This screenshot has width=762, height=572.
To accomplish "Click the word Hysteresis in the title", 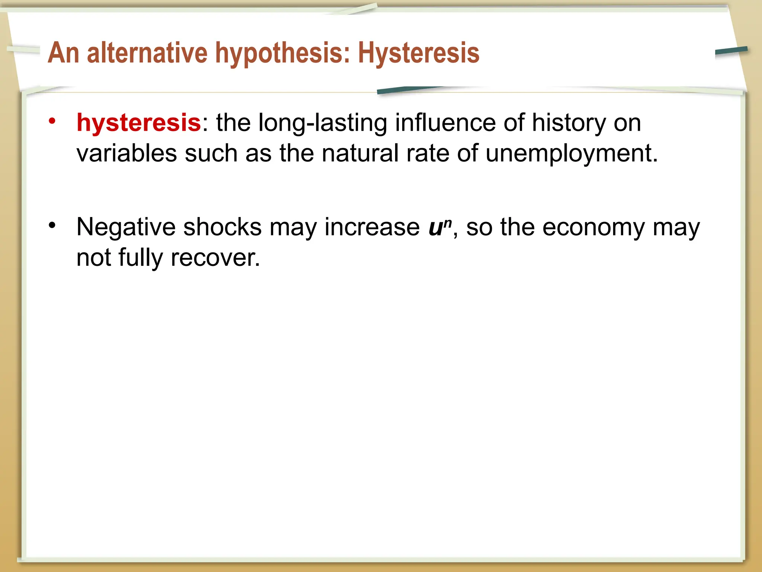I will [419, 53].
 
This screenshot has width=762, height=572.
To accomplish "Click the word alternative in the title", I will [147, 53].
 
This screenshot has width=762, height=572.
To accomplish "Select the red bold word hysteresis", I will [138, 123].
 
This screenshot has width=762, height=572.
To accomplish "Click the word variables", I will [127, 153].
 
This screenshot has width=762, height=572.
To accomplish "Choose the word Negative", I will [126, 227].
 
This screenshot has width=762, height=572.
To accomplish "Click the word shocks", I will [222, 227].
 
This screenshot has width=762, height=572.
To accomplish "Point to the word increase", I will [372, 227].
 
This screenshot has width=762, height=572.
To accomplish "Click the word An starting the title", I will [63, 53].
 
